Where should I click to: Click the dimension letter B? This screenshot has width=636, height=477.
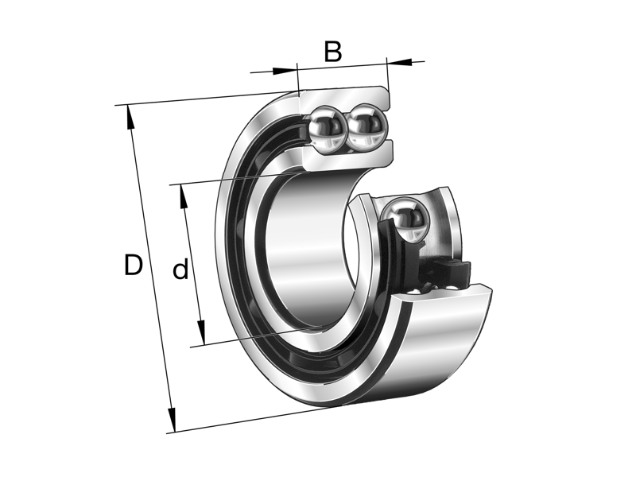click(332, 52)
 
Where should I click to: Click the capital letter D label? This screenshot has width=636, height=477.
click(133, 265)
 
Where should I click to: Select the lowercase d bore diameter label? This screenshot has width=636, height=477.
click(180, 270)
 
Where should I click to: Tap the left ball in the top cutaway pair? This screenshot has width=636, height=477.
click(326, 127)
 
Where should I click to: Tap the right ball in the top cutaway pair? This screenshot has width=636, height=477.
click(366, 126)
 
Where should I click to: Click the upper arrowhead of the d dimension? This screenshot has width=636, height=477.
click(184, 196)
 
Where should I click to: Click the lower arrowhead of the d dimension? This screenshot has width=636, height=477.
click(202, 333)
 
